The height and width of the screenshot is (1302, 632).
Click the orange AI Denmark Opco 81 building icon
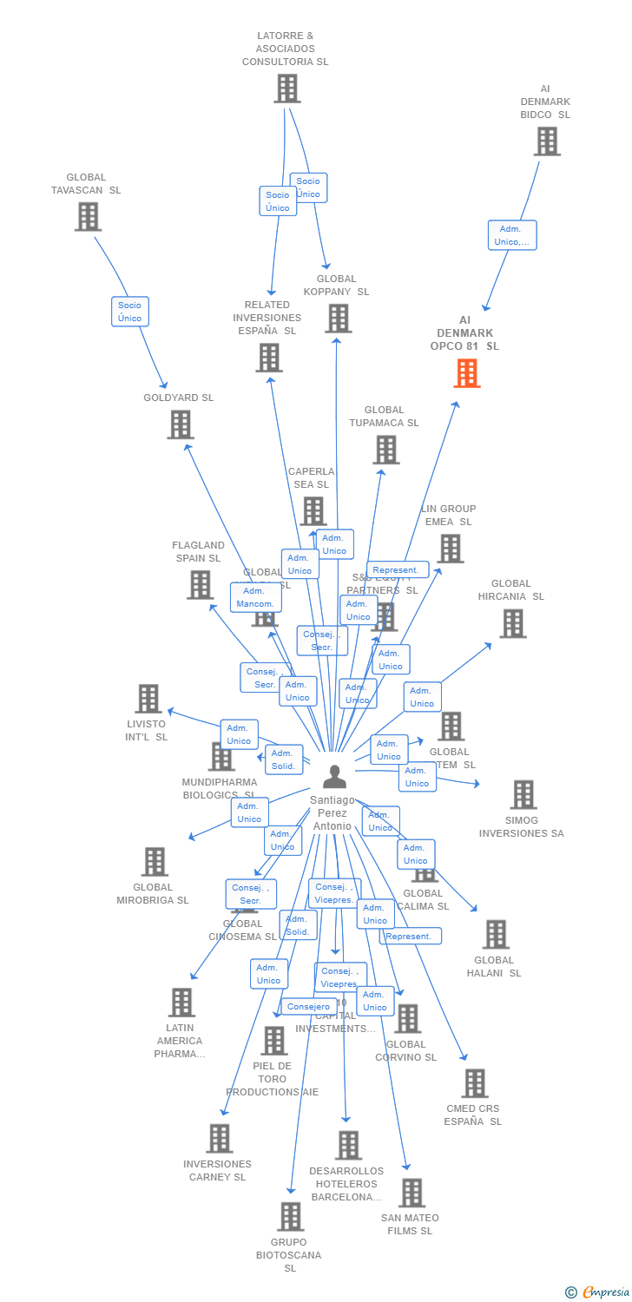point(467,373)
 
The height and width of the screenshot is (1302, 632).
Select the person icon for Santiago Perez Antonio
point(334,776)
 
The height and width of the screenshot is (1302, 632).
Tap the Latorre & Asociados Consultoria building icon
point(287,89)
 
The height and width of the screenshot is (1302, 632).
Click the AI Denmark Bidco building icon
point(547,141)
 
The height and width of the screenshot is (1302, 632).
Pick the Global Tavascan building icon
point(88,217)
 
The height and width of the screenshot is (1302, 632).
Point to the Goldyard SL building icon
point(180,424)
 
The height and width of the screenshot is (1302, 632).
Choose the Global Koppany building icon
point(338,319)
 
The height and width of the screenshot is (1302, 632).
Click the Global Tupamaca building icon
point(385,450)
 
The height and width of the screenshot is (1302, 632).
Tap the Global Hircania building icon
point(512,623)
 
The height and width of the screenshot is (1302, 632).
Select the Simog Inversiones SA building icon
point(523,794)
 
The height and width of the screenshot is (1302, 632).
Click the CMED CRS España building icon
point(474,1083)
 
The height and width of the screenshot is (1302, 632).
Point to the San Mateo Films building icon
point(411,1193)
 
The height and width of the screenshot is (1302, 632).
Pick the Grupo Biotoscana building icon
point(291,1216)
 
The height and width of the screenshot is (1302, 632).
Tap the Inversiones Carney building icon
point(219,1138)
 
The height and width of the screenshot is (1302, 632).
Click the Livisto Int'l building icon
point(148,699)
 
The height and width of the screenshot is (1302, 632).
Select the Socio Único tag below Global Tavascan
point(130,312)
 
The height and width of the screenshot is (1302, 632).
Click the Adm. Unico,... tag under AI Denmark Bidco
point(512,235)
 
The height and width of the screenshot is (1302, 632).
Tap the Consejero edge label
point(308,1007)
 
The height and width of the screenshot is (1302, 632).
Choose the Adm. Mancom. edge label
point(255,597)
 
